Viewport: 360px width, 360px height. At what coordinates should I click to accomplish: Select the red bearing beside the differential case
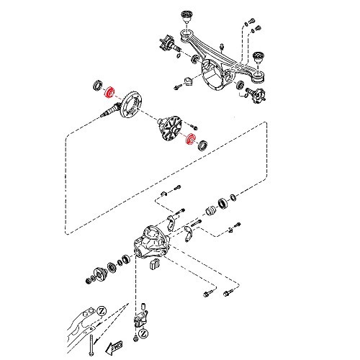(x=191, y=140)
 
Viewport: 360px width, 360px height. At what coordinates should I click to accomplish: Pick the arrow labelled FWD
(x=114, y=348)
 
